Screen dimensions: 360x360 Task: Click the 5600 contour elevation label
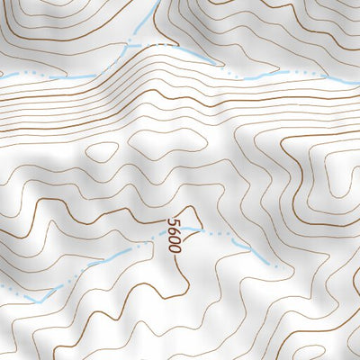[175, 234]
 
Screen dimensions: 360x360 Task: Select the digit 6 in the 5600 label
[174, 229]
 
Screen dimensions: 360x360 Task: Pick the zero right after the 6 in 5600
[175, 238]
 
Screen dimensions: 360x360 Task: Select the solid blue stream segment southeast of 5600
[256, 252]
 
